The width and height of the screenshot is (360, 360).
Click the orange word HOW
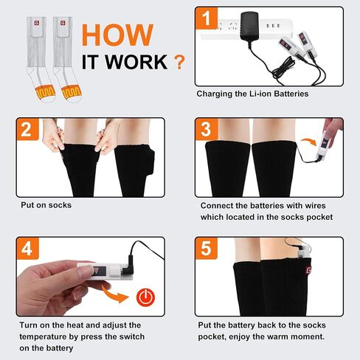(x=117, y=35)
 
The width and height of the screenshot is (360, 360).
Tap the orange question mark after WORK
(x=179, y=62)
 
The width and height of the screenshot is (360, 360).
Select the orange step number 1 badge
(x=207, y=18)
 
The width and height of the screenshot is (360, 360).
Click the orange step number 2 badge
(x=27, y=129)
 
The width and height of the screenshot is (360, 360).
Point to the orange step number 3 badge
(x=207, y=129)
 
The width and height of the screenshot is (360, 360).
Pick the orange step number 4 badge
(x=27, y=249)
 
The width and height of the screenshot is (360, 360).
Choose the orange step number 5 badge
(x=207, y=249)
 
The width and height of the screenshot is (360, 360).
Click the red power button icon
(x=146, y=297)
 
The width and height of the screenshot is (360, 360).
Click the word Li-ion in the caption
(x=260, y=94)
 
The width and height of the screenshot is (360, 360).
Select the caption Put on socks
(x=46, y=205)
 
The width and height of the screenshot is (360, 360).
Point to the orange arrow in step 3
(x=309, y=142)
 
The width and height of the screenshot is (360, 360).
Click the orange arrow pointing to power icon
(x=115, y=294)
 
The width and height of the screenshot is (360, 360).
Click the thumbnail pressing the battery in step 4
(x=84, y=271)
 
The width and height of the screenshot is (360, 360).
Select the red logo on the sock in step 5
(x=308, y=270)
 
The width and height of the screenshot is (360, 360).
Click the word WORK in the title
(x=136, y=62)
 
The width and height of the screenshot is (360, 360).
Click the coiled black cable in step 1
(x=283, y=69)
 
